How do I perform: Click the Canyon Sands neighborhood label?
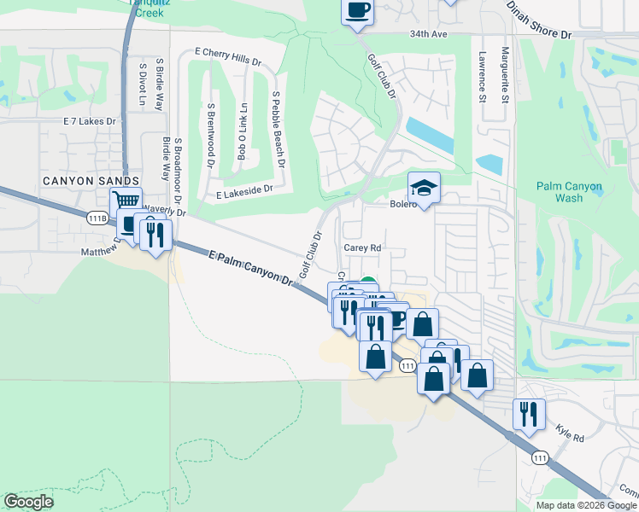tap(92, 181)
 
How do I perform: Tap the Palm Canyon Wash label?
tap(570, 192)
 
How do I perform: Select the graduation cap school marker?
tap(424, 187)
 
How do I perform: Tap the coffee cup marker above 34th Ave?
tap(358, 12)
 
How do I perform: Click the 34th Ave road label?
tap(428, 34)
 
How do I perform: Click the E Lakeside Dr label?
tap(243, 193)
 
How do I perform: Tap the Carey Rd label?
tap(361, 247)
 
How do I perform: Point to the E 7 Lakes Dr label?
tap(89, 121)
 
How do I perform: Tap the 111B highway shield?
tap(99, 218)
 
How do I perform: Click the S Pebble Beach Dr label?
tap(278, 128)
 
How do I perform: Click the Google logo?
tap(29, 502)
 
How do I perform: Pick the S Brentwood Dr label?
tap(210, 131)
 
